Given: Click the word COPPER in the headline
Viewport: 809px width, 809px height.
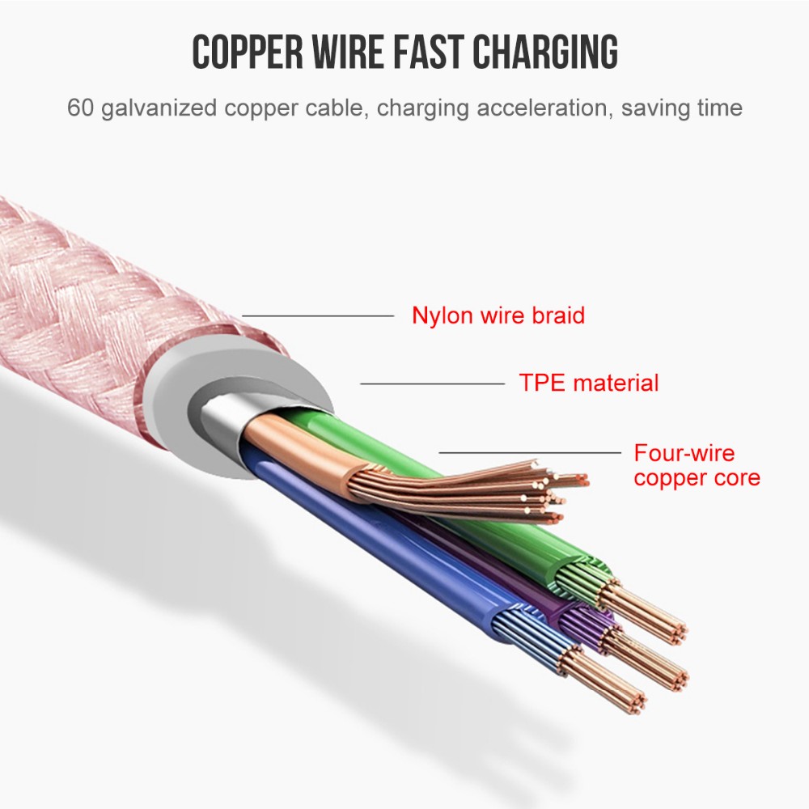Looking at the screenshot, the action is [x=248, y=52].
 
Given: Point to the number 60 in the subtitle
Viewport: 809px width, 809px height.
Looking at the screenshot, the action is [x=80, y=108].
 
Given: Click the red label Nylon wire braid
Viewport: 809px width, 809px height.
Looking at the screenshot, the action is [x=498, y=316].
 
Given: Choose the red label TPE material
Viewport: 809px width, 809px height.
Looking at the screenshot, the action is [x=589, y=383].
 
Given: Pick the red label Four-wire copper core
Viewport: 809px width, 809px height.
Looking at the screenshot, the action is [x=697, y=465].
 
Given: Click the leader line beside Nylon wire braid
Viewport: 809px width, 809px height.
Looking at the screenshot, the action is [x=318, y=316].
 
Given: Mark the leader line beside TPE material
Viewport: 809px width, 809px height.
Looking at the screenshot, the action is [x=432, y=383].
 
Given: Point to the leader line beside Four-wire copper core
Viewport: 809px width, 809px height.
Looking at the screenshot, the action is [x=530, y=452].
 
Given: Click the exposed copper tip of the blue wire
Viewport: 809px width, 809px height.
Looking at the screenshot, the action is [x=604, y=680].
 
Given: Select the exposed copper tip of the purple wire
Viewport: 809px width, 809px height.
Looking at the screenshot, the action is [x=646, y=659].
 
